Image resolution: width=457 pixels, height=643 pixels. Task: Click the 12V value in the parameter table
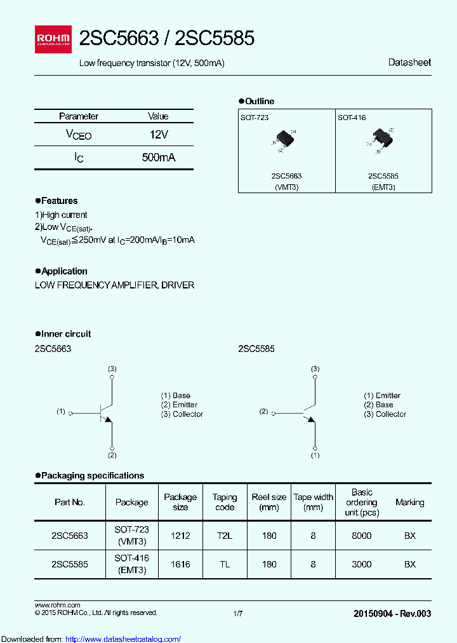coord(158,135)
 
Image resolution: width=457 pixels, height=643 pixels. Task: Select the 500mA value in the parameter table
coord(158,158)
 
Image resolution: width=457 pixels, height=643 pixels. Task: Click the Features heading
coord(59,201)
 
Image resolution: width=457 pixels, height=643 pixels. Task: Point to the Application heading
coord(63,271)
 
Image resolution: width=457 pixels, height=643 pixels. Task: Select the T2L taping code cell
coord(225,536)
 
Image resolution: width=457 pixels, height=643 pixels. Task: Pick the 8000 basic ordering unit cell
coord(361,536)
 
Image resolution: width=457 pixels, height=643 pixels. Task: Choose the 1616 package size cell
coord(180,564)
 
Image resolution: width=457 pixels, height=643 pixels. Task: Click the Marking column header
coord(409,502)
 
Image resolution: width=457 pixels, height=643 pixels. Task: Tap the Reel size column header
coord(269,502)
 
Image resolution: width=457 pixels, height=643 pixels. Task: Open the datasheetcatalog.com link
coord(123,639)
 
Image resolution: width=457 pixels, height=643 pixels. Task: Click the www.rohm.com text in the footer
coord(57,605)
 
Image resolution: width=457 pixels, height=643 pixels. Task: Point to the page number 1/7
coord(238,613)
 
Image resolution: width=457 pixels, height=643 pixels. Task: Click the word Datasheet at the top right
coord(409,62)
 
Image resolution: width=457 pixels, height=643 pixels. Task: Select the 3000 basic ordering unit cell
coord(361,564)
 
